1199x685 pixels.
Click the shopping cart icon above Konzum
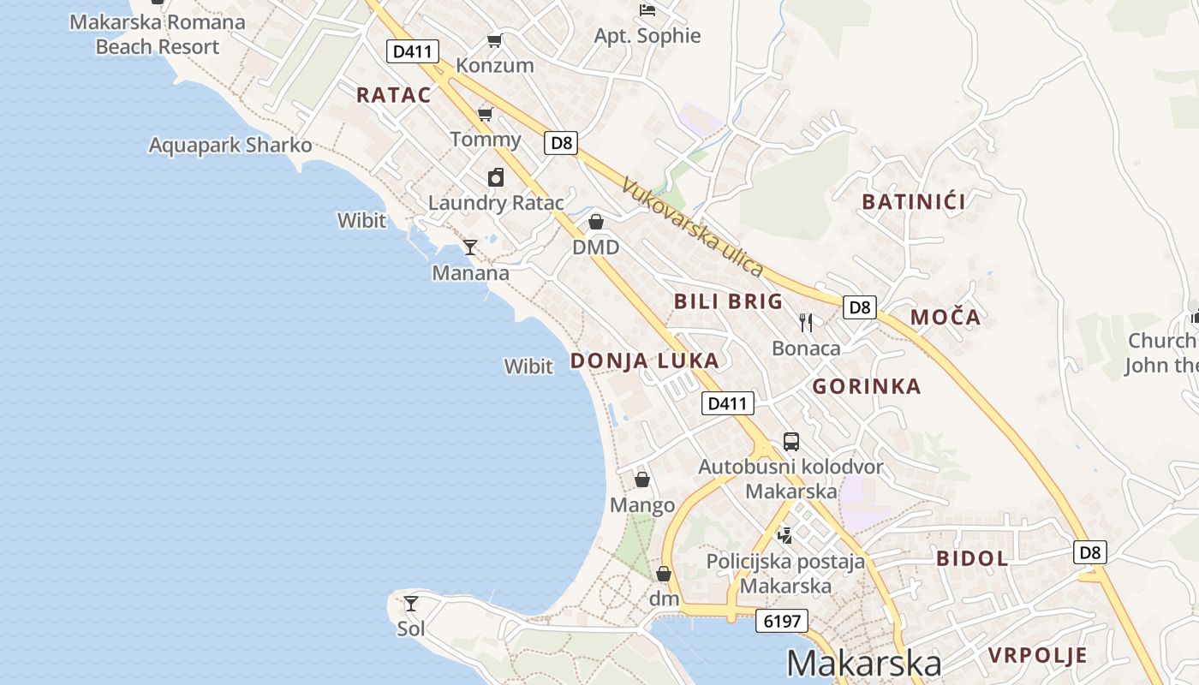494,40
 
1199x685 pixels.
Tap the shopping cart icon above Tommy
485,114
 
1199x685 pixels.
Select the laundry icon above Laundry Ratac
496,177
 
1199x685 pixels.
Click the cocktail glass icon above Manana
470,247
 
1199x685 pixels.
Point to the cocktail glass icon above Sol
411,603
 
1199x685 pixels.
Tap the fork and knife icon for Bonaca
805,322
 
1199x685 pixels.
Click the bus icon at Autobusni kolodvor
791,442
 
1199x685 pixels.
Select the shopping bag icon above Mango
642,479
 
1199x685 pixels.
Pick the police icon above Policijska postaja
784,536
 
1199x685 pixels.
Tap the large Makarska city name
863,664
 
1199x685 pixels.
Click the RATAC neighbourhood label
394,95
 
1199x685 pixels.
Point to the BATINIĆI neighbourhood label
914,202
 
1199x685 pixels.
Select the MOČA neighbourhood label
945,317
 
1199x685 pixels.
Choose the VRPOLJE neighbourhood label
1038,656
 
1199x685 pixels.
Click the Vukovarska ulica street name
693,226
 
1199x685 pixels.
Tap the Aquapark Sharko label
230,145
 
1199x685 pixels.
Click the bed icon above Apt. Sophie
647,10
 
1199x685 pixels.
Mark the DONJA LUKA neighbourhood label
645,361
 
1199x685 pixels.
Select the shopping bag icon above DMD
596,223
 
